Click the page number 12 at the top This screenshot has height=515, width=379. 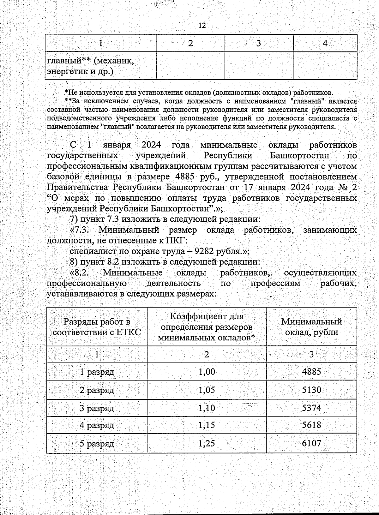click(x=202, y=26)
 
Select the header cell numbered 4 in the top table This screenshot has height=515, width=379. click(x=325, y=43)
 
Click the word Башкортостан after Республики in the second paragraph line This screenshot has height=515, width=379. click(x=299, y=156)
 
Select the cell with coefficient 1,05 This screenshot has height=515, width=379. click(x=207, y=390)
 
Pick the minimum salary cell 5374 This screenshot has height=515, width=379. click(x=311, y=408)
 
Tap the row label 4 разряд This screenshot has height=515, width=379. click(x=97, y=425)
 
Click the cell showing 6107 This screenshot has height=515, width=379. click(x=311, y=443)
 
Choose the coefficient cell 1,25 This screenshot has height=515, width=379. click(x=207, y=443)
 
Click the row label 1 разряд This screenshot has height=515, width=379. click(x=97, y=372)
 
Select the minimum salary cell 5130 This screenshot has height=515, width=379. click(x=311, y=390)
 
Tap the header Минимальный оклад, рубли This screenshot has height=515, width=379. click(x=311, y=327)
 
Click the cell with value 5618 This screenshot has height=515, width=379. click(x=311, y=425)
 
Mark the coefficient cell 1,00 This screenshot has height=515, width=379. click(x=207, y=372)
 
